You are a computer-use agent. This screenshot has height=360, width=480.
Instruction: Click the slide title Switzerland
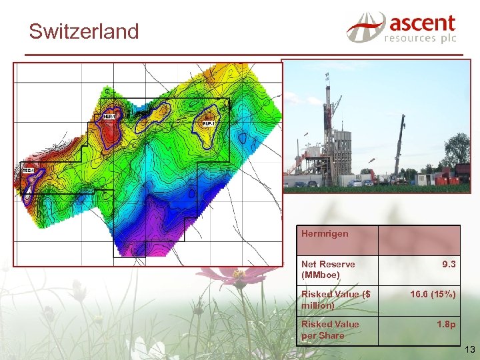click(84, 31)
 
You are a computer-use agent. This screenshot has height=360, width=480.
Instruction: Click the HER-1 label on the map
click(109, 117)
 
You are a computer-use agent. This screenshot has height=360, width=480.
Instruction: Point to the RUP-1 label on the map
click(208, 123)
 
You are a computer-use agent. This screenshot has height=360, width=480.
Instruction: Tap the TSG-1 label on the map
click(28, 170)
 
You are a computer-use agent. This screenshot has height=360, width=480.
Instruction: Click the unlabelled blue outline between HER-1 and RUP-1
click(152, 115)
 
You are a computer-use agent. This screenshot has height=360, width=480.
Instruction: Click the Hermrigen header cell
click(325, 234)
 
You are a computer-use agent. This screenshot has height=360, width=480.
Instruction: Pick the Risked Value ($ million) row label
click(335, 299)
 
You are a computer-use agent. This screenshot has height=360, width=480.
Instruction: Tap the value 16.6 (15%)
click(433, 294)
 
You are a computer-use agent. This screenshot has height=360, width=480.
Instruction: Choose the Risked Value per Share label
click(330, 329)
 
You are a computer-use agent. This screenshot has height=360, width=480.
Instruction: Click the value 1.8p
click(446, 324)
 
